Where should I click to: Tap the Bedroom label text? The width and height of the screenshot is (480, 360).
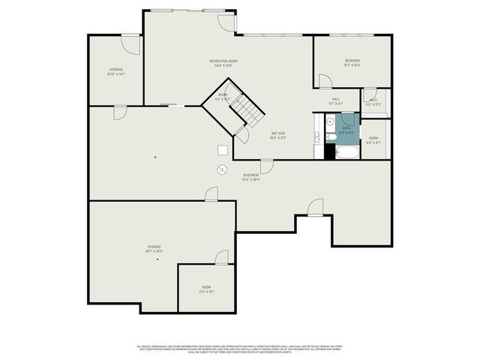pos(352,62)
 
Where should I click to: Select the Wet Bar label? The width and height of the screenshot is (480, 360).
pos(277,136)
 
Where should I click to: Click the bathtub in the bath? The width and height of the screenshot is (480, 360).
pos(347,153)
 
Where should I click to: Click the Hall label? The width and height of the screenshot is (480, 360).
pos(336,100)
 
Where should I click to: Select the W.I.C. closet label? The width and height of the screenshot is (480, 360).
pos(373,101)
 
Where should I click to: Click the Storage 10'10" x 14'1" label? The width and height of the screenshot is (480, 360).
pos(115,71)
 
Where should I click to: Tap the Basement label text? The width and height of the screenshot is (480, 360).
pos(250,177)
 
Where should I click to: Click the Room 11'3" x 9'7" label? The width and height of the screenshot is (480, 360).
pos(206,289)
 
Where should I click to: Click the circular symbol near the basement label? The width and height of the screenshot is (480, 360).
pos(222,169)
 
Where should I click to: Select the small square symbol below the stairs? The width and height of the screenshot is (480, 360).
pos(222,148)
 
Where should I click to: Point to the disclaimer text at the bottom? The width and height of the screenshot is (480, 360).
pos(240,349)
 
